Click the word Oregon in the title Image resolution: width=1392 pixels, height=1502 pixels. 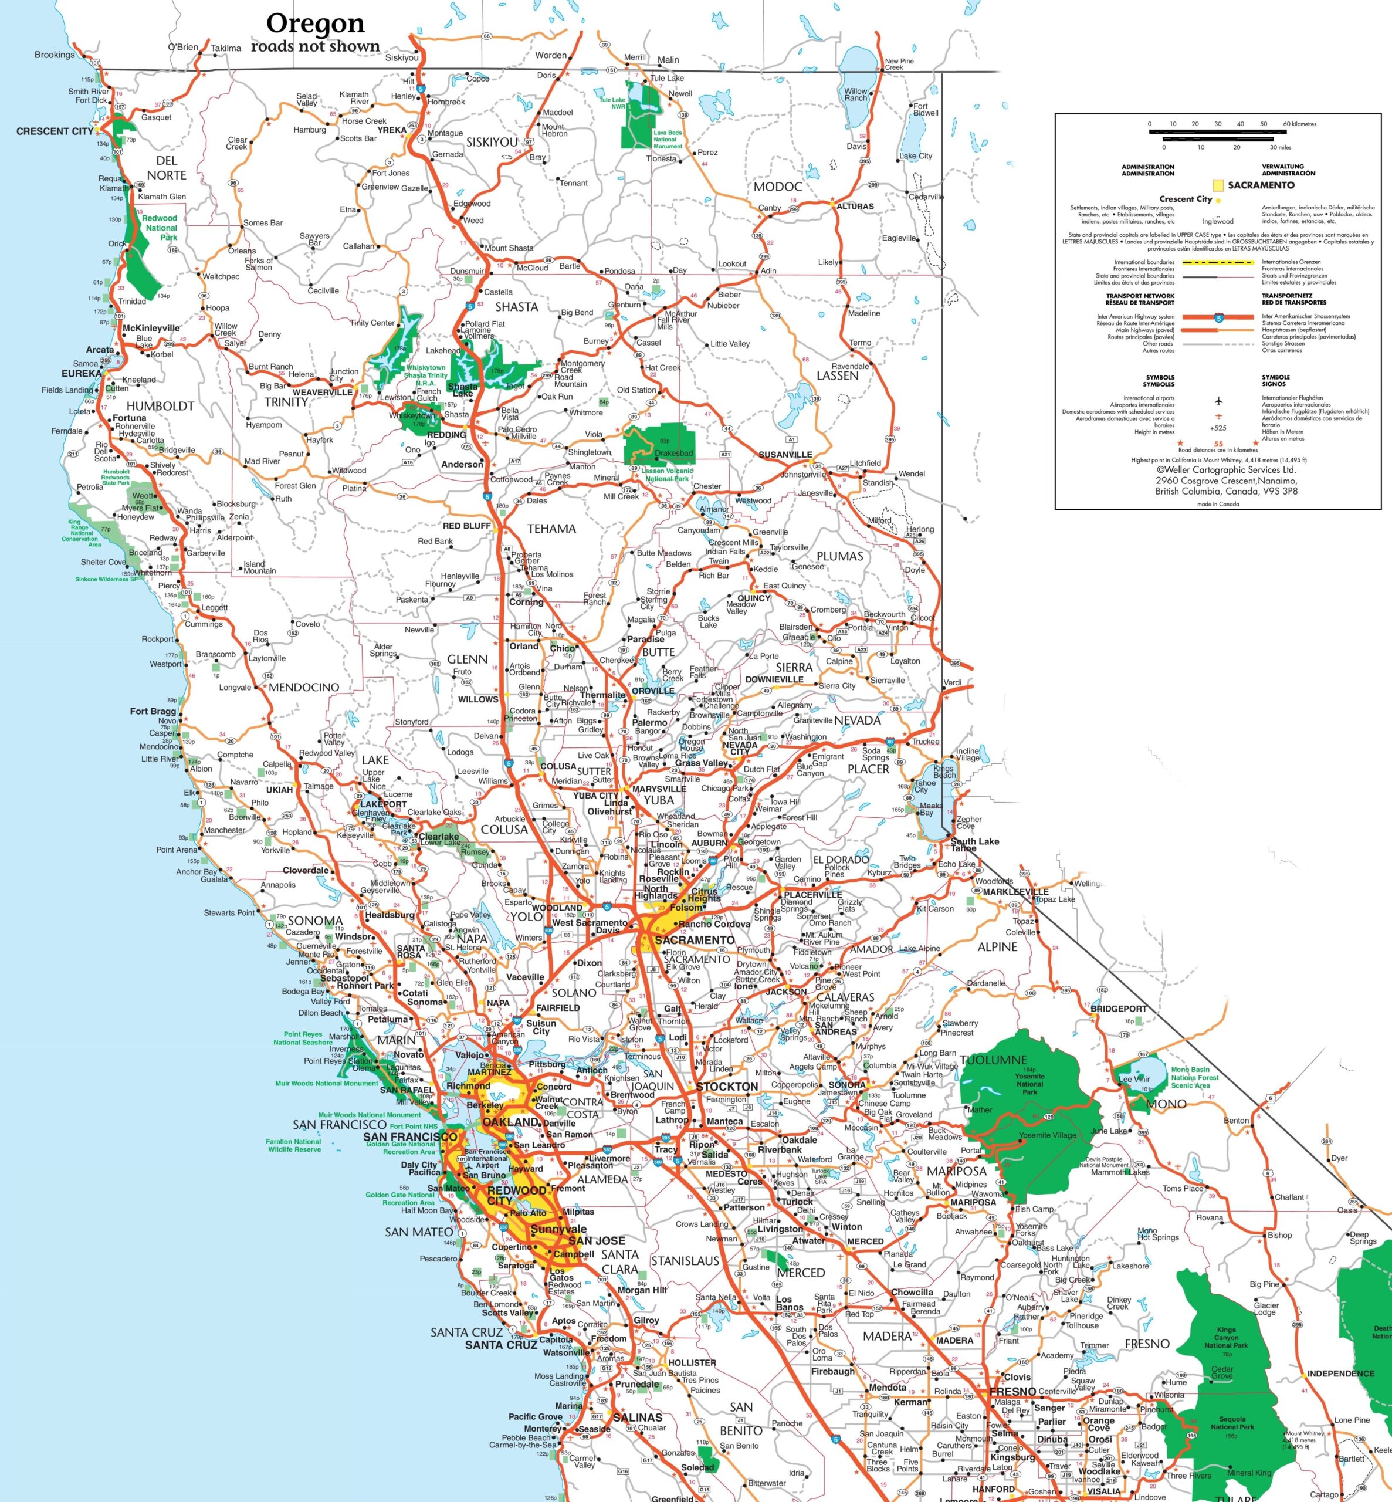315,23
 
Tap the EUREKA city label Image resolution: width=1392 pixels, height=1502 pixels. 82,374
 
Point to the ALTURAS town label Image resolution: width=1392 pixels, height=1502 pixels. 856,207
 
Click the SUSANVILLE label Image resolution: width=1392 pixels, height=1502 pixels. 785,455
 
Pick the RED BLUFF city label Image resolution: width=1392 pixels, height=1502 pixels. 466,526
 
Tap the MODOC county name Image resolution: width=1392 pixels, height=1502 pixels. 777,187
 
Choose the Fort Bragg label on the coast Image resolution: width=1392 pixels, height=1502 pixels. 153,711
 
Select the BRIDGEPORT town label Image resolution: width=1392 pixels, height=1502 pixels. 1119,1009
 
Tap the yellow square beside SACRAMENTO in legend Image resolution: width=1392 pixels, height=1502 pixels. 1217,185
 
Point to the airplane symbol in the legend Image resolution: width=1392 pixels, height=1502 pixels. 1218,401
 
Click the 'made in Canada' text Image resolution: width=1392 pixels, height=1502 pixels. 1217,504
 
